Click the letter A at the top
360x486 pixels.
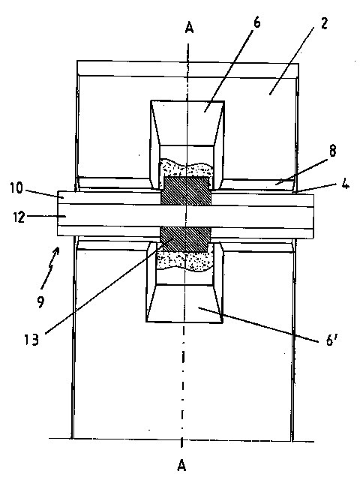[189, 28]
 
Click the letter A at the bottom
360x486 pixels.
[181, 465]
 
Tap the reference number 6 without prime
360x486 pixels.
[257, 22]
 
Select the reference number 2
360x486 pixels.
[324, 23]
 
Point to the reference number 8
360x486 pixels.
[332, 151]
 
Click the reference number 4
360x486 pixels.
[346, 184]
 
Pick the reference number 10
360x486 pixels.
[16, 187]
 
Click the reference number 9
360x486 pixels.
[40, 302]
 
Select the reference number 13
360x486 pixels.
[31, 340]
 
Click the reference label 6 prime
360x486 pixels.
[331, 340]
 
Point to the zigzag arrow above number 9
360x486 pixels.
[50, 266]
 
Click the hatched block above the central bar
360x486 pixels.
[186, 191]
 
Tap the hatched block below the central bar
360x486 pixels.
[184, 238]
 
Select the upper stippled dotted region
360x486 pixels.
[186, 169]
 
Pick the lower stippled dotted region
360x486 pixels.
[185, 259]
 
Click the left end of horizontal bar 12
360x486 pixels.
[58, 216]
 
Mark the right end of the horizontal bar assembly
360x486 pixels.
[313, 217]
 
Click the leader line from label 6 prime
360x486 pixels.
[258, 325]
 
